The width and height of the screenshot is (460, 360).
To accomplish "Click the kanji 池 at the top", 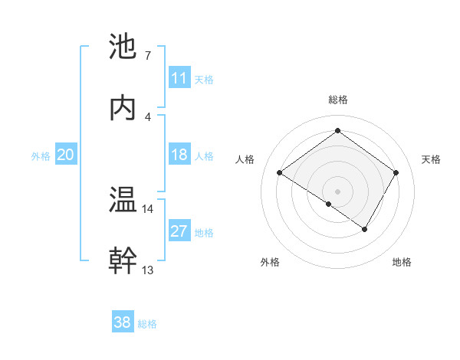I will pos(123,47).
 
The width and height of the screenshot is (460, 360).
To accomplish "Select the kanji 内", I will pos(123,108).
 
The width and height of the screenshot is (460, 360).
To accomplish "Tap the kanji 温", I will pos(123,200).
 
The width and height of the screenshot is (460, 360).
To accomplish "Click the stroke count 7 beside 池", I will pos(147,55).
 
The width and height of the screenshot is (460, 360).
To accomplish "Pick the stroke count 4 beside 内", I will pos(147,116).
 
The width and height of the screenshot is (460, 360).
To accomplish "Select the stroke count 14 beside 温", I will pos(147,208).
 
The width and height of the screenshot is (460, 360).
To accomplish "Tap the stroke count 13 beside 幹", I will pos(147,270).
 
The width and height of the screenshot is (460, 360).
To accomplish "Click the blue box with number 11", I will pos(179,78).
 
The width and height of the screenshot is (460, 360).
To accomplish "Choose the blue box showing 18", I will pos(179,155).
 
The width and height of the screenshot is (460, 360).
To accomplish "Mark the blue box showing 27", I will pos(179,231).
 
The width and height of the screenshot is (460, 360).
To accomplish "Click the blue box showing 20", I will pos(65,155).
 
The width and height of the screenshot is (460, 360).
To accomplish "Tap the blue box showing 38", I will pos(122,322).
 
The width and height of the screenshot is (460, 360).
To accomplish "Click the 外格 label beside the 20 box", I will pos(41,156).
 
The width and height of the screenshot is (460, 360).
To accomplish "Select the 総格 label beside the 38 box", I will pos(147,324).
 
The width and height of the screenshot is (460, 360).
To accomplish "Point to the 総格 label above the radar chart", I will pos(337,100).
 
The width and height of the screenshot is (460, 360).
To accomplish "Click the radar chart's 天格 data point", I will pos(396,172).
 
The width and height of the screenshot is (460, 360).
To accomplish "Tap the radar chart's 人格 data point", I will pos(280,172).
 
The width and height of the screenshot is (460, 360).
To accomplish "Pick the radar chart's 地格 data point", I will pos(365,229).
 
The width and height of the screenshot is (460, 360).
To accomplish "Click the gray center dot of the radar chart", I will pos(337,191).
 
